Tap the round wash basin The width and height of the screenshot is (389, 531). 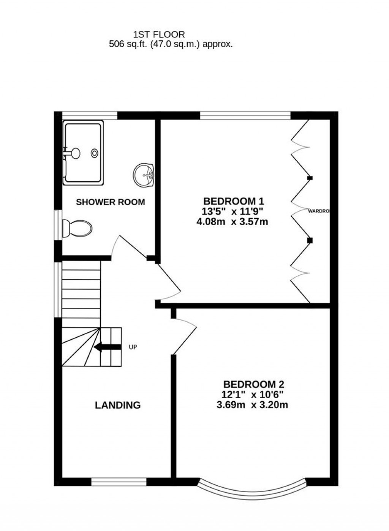point(144,175)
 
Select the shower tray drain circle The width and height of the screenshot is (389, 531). point(94,153)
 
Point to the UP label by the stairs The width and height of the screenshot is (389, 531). point(133,347)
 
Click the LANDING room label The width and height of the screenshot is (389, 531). point(118,405)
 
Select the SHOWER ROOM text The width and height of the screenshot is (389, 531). point(111,202)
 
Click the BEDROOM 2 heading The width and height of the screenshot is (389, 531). point(253,384)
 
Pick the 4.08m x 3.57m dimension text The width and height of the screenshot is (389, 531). point(232,221)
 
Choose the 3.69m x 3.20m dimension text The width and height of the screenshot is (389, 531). point(252,405)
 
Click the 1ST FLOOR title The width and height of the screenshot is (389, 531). point(159,35)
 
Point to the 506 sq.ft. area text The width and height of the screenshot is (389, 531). point(171,44)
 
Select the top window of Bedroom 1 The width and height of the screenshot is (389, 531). point(245,115)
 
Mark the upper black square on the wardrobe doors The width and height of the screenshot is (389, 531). point(310,178)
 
